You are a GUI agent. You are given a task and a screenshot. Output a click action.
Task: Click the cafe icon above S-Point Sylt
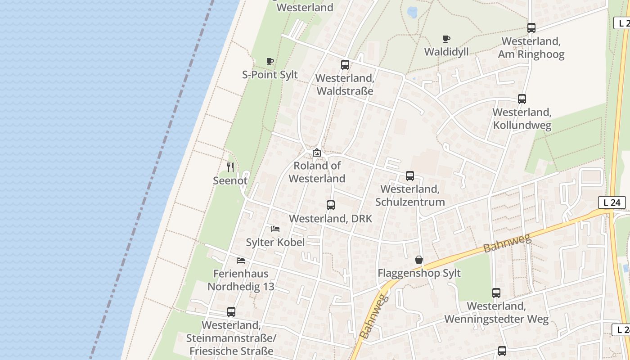pyautogui.click(x=270, y=61)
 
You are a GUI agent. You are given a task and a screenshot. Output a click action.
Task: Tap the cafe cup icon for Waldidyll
pyautogui.click(x=446, y=39)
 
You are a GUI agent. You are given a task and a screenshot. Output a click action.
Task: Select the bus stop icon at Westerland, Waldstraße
pyautogui.click(x=345, y=65)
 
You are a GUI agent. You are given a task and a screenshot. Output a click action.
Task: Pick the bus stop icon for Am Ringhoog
pyautogui.click(x=531, y=28)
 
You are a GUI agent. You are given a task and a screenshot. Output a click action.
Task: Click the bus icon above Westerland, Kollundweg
pyautogui.click(x=522, y=99)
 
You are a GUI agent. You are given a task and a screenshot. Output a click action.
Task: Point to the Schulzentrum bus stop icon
pyautogui.click(x=410, y=176)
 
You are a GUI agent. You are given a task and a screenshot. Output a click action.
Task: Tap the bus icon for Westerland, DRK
pyautogui.click(x=331, y=205)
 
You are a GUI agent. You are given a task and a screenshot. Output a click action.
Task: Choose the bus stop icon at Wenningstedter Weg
pyautogui.click(x=496, y=293)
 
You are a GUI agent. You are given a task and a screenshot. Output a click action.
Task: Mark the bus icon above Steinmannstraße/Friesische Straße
pyautogui.click(x=231, y=311)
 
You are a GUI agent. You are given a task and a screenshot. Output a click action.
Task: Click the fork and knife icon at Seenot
pyautogui.click(x=230, y=167)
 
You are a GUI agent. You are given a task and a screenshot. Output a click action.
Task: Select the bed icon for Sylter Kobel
pyautogui.click(x=275, y=229)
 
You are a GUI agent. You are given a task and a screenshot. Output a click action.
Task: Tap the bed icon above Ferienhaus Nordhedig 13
pyautogui.click(x=241, y=260)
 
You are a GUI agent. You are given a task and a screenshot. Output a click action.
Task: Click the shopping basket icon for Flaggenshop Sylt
pyautogui.click(x=419, y=260)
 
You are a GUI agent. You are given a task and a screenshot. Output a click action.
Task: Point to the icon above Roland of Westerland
pyautogui.click(x=317, y=153)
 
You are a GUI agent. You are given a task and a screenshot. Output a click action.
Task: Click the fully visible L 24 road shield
pyautogui.click(x=612, y=202)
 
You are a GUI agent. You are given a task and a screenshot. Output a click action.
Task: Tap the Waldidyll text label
pyautogui.click(x=446, y=52)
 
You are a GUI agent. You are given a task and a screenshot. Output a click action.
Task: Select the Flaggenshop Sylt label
pyautogui.click(x=419, y=273)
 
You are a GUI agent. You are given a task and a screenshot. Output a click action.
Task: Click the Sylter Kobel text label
pyautogui.click(x=275, y=242)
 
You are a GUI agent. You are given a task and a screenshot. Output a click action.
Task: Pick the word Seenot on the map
pyautogui.click(x=230, y=180)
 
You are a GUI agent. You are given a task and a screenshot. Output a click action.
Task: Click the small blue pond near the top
pyautogui.click(x=412, y=12)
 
